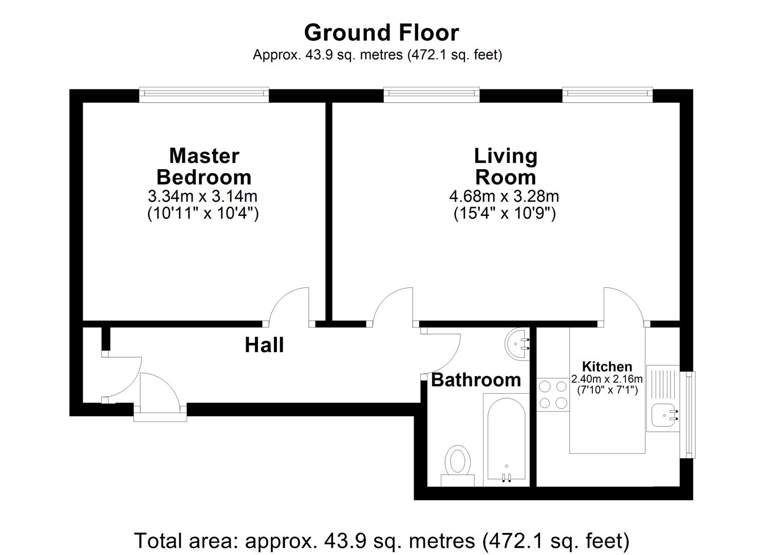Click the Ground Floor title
[x=381, y=33]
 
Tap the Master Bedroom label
[x=204, y=166]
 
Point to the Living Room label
[x=506, y=166]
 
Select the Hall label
[x=264, y=345]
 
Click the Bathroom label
[x=476, y=380]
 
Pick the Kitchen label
[x=607, y=366]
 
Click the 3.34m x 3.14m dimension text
[x=202, y=196]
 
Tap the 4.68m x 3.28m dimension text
[x=504, y=196]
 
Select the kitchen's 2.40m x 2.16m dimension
[x=607, y=379]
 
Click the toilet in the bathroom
[x=457, y=466]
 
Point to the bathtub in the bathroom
[x=506, y=440]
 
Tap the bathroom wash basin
[x=517, y=344]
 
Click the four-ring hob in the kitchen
[x=553, y=395]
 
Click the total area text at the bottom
[x=381, y=541]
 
